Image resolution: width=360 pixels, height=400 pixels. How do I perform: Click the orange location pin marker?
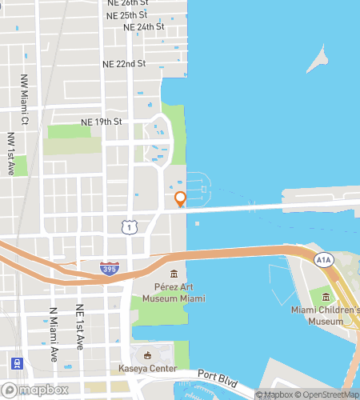pyautogui.click(x=180, y=199)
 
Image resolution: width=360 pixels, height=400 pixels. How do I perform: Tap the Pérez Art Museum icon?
pyautogui.click(x=174, y=274)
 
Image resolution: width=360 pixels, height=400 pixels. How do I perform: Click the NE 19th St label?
pyautogui.click(x=101, y=122)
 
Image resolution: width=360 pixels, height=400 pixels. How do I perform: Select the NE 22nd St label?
pyautogui.click(x=124, y=63)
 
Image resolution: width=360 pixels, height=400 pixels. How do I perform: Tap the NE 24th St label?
pyautogui.click(x=144, y=26)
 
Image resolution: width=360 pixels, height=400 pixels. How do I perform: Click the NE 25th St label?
pyautogui.click(x=128, y=14)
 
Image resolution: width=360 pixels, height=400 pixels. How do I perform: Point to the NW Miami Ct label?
pyautogui.click(x=25, y=110)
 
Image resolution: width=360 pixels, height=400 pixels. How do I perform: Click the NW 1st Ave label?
pyautogui.click(x=11, y=154)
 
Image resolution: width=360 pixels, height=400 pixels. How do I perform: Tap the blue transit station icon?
pyautogui.click(x=17, y=362)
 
